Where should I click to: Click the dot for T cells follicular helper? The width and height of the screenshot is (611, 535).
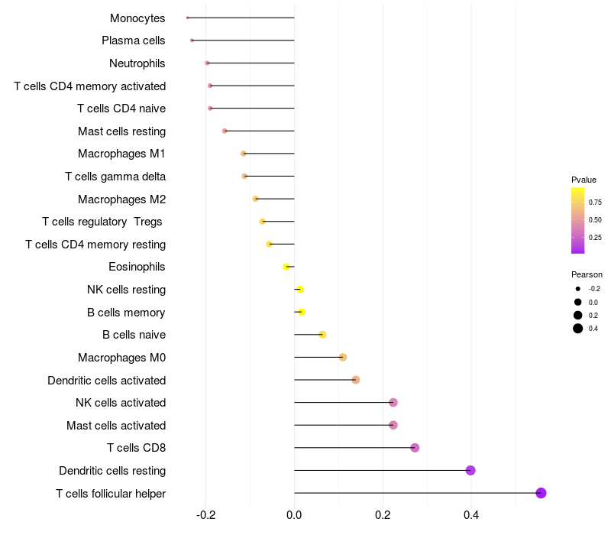(541, 493)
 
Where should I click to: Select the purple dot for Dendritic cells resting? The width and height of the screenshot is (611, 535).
(470, 470)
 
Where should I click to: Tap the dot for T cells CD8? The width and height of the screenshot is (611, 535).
(415, 448)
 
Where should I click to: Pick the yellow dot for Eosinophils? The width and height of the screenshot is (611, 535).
(286, 267)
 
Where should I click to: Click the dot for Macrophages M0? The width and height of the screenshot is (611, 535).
(342, 357)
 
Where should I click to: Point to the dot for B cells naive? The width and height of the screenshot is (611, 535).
(322, 335)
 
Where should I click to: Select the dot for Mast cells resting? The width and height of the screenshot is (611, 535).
(225, 131)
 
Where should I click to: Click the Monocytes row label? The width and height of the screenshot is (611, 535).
(137, 18)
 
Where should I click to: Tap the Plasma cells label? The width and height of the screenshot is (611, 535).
(133, 41)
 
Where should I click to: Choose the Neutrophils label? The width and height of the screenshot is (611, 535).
(137, 63)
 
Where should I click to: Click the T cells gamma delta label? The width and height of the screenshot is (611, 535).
(115, 177)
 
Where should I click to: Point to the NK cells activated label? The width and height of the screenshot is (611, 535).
(121, 403)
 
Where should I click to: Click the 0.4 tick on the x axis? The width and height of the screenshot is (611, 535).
(470, 515)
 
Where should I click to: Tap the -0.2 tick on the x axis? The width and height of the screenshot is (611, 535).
(206, 515)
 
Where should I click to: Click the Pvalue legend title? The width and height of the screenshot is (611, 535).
(584, 180)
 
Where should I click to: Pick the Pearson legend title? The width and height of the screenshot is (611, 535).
(587, 274)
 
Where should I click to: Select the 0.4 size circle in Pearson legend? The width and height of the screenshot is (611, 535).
(578, 329)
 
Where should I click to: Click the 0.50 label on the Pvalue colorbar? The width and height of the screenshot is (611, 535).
(595, 220)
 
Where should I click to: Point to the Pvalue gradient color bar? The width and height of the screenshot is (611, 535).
(578, 220)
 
